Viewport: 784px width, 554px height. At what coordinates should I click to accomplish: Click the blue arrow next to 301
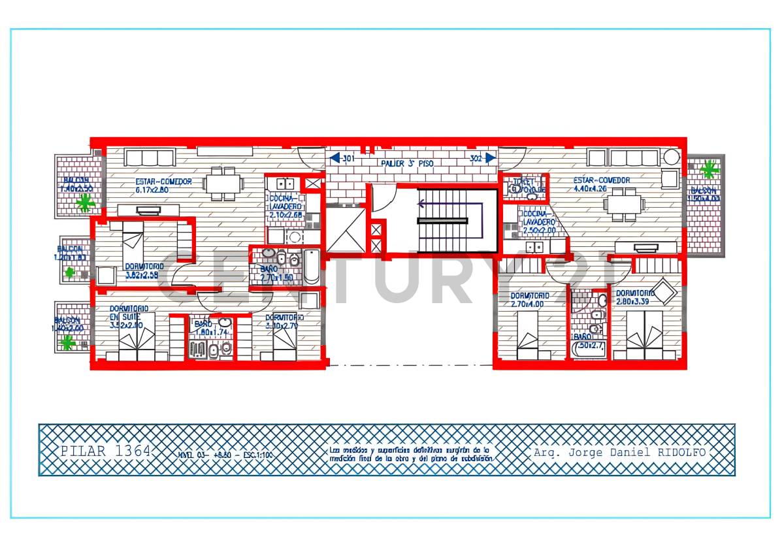[334, 157]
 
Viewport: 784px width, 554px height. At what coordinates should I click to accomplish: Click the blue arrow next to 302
[489, 157]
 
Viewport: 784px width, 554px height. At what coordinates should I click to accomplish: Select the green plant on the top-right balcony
[708, 170]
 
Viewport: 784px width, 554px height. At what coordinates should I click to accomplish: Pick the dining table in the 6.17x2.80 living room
[223, 182]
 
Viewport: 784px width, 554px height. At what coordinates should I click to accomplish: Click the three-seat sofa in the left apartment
[150, 157]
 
